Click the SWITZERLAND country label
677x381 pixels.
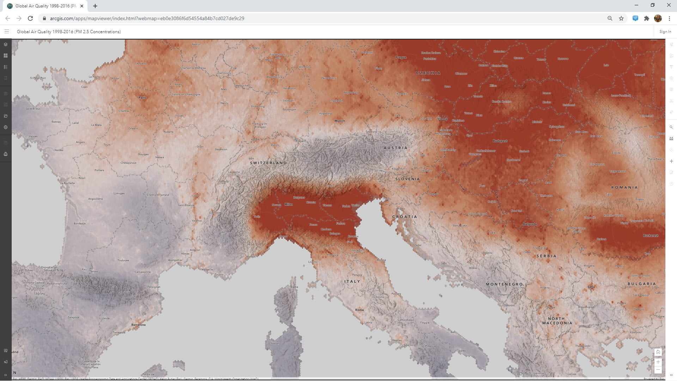click(x=268, y=163)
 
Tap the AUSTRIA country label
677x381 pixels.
click(x=395, y=148)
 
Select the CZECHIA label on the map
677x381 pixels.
click(x=428, y=73)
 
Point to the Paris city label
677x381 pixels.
click(x=142, y=98)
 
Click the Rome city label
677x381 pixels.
click(x=359, y=310)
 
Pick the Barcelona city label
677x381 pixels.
click(x=138, y=325)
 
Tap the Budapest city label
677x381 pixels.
click(x=500, y=141)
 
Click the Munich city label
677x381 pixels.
click(x=340, y=121)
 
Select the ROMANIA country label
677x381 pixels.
click(x=624, y=187)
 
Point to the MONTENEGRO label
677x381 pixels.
click(x=504, y=284)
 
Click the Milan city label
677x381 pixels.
click(x=288, y=204)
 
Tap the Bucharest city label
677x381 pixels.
click(x=651, y=236)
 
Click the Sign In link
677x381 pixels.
click(x=665, y=32)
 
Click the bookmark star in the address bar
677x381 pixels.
click(x=621, y=18)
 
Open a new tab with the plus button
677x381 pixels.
click(x=95, y=6)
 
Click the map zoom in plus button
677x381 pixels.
click(x=658, y=362)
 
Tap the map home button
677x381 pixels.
click(x=658, y=352)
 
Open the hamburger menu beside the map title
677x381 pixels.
click(x=6, y=32)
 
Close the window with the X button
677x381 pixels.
click(x=669, y=5)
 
